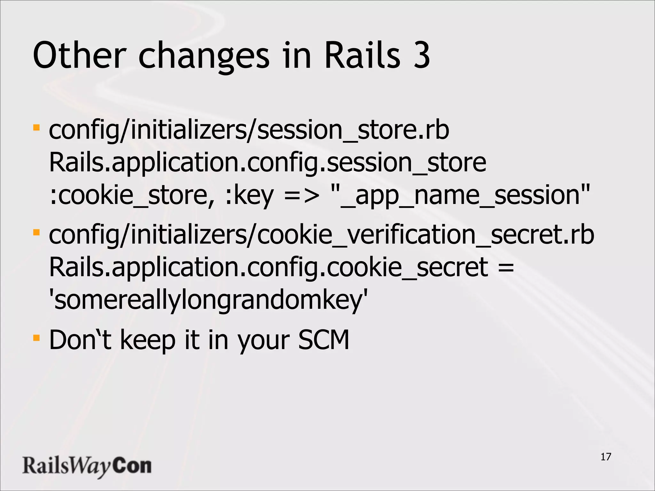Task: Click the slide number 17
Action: [606, 457]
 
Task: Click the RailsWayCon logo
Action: [87, 466]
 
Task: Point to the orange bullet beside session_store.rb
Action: [36, 128]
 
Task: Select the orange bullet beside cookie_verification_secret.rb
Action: [36, 232]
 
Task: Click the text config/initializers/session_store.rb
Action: [249, 130]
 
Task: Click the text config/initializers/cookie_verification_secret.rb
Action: [321, 235]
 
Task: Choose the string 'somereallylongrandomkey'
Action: [208, 300]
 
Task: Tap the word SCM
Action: [323, 340]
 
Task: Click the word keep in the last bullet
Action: [148, 341]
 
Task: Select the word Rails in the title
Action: [362, 56]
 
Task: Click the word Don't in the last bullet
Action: [80, 340]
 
